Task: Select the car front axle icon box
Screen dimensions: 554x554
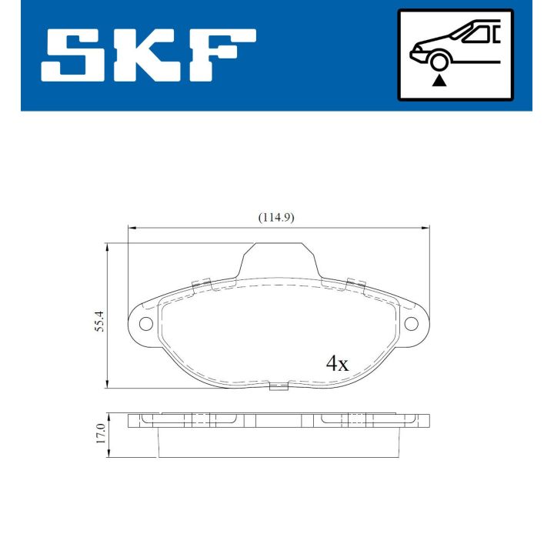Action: tap(455, 55)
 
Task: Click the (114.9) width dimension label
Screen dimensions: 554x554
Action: tap(276, 218)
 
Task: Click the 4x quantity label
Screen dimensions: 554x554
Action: tap(337, 363)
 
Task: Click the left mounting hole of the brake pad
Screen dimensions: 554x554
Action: tap(145, 323)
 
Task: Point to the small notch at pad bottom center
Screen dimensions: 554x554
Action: tap(278, 386)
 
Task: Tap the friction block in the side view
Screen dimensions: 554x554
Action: tap(278, 443)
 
